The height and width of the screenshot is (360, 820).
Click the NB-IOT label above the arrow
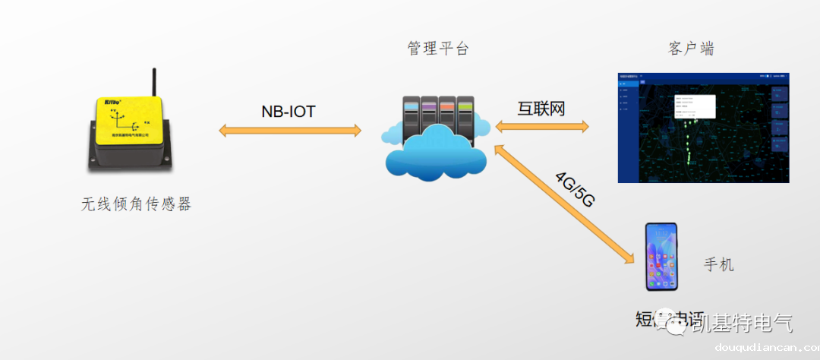tap(288, 112)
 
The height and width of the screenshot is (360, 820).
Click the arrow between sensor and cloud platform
tap(289, 131)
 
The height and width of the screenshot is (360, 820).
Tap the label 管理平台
tap(438, 49)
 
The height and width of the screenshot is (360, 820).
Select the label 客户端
tap(691, 49)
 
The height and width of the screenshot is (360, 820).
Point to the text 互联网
tap(541, 109)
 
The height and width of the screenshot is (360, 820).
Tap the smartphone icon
tap(661, 257)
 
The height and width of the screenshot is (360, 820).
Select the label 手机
tap(719, 265)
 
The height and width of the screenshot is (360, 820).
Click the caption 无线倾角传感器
tap(136, 204)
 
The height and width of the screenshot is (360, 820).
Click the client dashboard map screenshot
tap(704, 128)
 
